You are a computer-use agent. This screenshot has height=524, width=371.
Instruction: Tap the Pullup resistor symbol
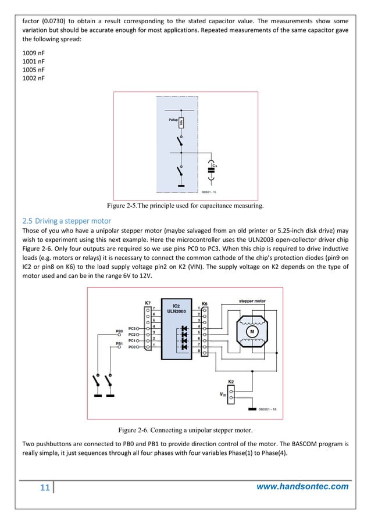[x=181, y=123]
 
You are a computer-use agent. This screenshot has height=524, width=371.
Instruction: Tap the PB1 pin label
[x=119, y=344]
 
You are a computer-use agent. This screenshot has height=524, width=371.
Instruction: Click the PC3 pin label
[x=133, y=328]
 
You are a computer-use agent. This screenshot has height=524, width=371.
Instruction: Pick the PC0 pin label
[x=133, y=346]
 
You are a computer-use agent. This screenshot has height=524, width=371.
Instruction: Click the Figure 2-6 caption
[x=185, y=430]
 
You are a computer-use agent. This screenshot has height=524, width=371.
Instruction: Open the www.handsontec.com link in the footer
[x=303, y=486]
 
